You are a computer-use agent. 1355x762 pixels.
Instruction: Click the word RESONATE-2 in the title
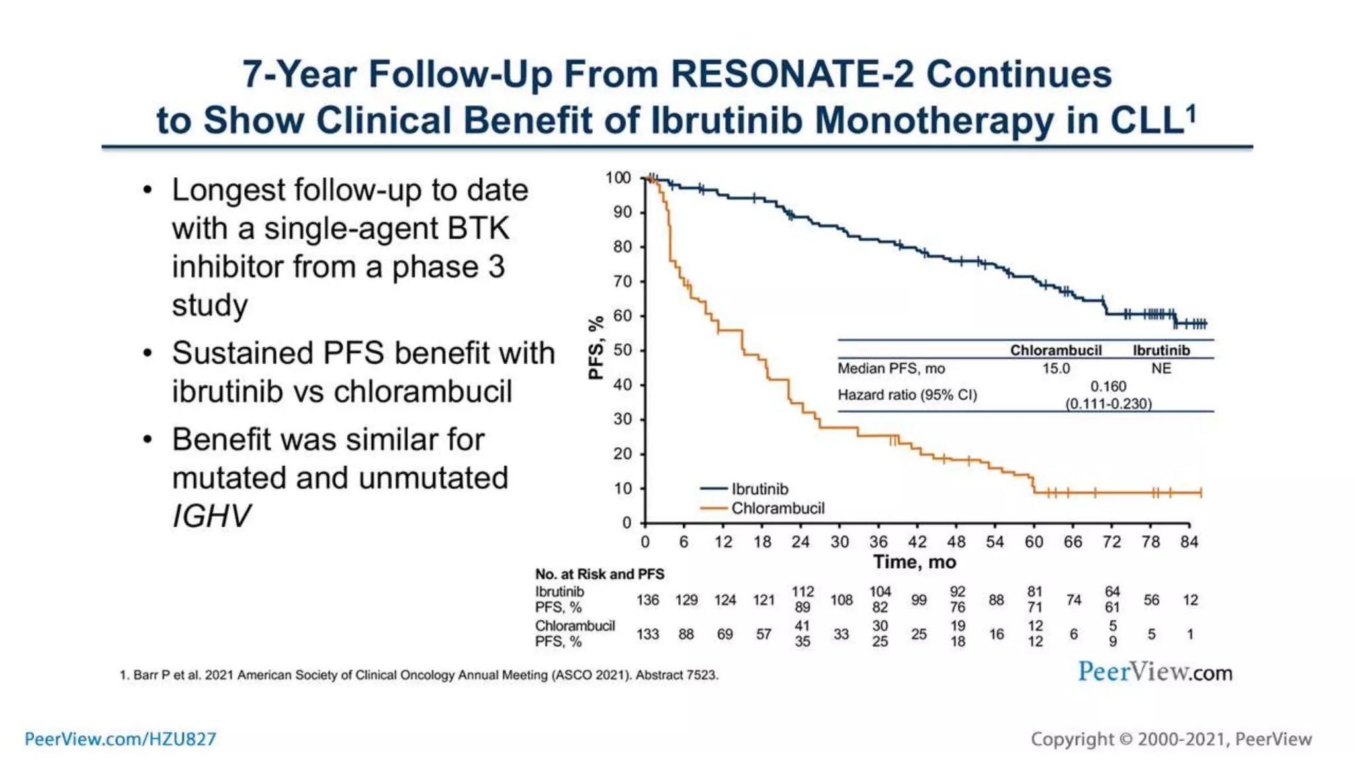pos(792,73)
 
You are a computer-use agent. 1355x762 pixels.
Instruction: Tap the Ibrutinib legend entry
pos(759,489)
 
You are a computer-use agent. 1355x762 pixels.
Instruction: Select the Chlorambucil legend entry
pos(777,508)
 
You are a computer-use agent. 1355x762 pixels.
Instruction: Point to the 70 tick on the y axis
pos(623,281)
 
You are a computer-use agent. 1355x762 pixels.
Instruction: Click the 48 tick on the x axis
pos(956,542)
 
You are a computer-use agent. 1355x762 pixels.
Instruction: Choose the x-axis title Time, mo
pos(914,562)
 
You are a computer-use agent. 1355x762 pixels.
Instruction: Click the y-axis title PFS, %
pos(596,347)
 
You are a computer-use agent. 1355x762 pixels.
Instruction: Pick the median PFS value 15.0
pos(1056,368)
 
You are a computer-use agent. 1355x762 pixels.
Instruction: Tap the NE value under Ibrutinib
pos(1161,368)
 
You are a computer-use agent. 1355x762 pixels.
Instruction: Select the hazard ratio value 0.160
pos(1108,386)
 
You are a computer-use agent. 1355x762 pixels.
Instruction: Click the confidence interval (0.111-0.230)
pos(1108,403)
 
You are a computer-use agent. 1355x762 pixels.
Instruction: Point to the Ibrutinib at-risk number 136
pos(648,600)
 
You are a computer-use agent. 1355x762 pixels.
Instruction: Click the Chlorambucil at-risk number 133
pos(648,634)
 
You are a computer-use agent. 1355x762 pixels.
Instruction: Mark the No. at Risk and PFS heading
pos(599,574)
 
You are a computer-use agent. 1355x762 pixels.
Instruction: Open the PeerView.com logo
pos(1155,672)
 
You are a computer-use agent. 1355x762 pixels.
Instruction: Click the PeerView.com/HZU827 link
pos(120,739)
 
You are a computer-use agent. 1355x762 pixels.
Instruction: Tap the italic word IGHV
pos(212,516)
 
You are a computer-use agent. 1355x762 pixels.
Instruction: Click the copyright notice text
pos(1171,739)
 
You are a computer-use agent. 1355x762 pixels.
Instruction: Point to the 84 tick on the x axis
pos(1189,542)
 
